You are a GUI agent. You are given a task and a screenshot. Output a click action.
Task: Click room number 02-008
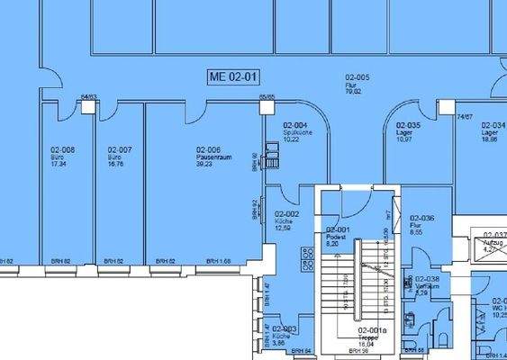[x=62, y=149]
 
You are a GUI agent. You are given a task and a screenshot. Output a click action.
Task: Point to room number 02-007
[x=120, y=149]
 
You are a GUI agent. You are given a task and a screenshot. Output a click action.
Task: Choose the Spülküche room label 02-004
[x=296, y=125]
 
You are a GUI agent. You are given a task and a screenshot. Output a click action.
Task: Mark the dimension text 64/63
[x=88, y=95]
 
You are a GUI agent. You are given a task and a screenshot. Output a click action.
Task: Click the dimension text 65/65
[x=267, y=95]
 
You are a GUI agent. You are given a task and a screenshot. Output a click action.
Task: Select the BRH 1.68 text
[x=218, y=262]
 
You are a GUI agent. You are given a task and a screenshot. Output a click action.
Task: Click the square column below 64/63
[x=88, y=107]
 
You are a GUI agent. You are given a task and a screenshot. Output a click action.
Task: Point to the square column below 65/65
[x=267, y=107]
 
